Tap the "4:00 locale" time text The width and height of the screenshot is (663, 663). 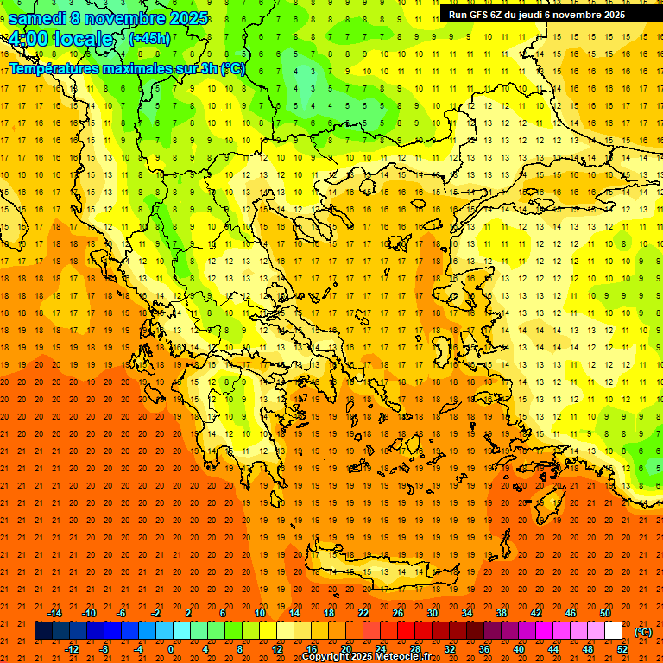pyautogui.click(x=60, y=39)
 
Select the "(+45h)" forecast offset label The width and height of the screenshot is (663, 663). pyautogui.click(x=149, y=38)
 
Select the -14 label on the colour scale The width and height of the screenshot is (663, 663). pyautogui.click(x=54, y=613)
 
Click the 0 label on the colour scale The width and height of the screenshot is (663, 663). pyautogui.click(x=170, y=649)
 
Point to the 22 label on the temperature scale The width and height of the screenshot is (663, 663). pyautogui.click(x=363, y=613)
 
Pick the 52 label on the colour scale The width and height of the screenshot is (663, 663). pyautogui.click(x=622, y=649)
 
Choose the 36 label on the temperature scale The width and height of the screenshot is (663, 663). pyautogui.click(x=484, y=649)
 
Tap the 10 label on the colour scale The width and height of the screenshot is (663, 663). pyautogui.click(x=260, y=613)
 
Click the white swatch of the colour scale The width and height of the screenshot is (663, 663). pyautogui.click(x=614, y=631)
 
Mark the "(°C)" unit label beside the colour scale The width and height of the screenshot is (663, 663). pyautogui.click(x=644, y=631)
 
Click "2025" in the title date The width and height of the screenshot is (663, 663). pyautogui.click(x=187, y=18)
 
